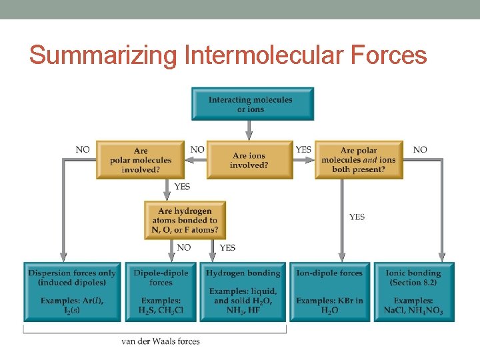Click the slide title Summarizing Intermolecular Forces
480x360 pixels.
(x=227, y=55)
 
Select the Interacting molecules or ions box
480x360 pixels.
(x=252, y=104)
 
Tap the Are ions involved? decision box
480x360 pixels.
(x=249, y=160)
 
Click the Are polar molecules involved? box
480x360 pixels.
(x=141, y=160)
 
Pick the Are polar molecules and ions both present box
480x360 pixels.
(x=359, y=160)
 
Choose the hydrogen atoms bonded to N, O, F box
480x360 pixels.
(x=185, y=220)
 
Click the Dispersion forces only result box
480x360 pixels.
(x=72, y=291)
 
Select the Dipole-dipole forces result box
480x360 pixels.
(x=161, y=291)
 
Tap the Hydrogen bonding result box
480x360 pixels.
(x=243, y=291)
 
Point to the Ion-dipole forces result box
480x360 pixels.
(x=329, y=291)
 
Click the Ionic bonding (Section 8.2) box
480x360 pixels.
(x=414, y=291)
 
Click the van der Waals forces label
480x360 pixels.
(x=161, y=341)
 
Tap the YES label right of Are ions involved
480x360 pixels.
(x=303, y=150)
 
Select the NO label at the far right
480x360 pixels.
(x=420, y=150)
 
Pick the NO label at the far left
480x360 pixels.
(x=83, y=150)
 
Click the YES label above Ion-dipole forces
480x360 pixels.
(x=357, y=217)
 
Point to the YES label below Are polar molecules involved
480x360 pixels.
(x=181, y=187)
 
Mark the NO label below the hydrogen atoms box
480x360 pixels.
(x=184, y=247)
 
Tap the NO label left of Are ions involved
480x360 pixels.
(x=197, y=150)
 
